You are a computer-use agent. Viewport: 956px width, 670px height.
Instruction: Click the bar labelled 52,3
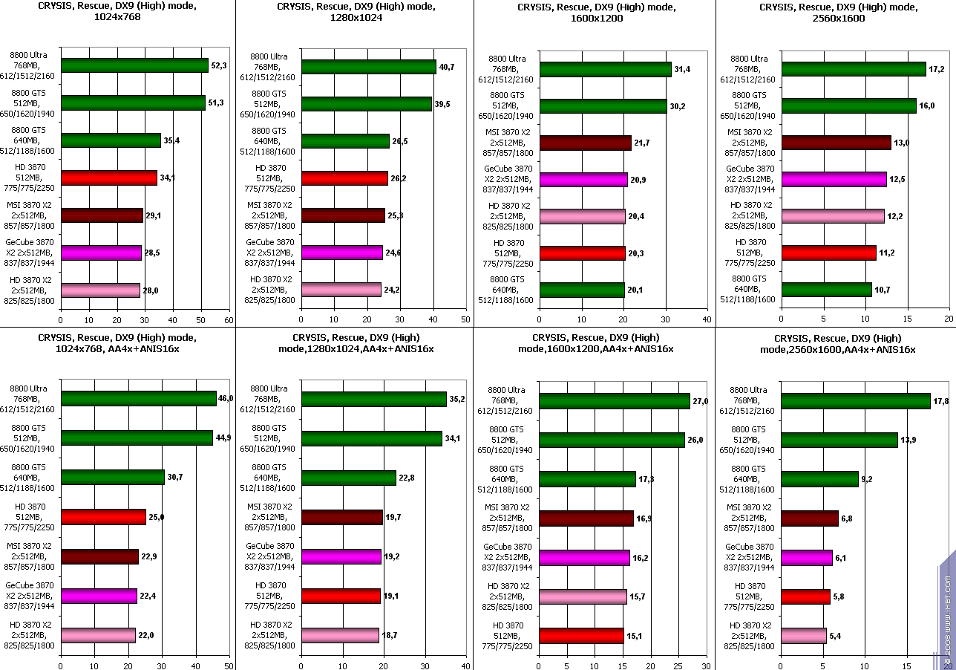[134, 66]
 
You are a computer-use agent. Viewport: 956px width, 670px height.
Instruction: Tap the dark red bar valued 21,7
[585, 143]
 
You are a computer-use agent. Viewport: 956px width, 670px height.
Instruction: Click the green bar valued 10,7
[826, 290]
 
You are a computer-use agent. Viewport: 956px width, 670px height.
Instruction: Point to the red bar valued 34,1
[109, 178]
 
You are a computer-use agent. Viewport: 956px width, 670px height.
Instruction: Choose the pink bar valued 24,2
[341, 290]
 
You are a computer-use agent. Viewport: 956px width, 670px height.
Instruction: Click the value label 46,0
[226, 398]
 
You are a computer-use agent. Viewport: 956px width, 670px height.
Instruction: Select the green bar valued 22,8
[348, 478]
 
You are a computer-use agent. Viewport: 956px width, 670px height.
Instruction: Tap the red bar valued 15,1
[581, 636]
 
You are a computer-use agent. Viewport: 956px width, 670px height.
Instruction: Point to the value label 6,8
[847, 518]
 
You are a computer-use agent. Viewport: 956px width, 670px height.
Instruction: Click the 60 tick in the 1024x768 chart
[229, 320]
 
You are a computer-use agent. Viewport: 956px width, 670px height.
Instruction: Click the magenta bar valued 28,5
[101, 253]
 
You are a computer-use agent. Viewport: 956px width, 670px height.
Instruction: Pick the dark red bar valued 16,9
[586, 518]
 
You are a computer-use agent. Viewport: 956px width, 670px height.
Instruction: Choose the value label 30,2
[678, 106]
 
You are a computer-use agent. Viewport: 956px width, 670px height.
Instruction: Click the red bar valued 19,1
[341, 596]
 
